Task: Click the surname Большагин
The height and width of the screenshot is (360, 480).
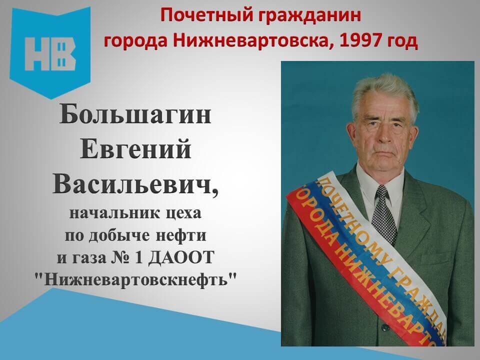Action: (x=135, y=114)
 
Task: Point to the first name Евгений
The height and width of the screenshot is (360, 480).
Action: (x=135, y=149)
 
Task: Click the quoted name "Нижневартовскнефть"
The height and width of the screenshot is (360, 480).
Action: (x=136, y=279)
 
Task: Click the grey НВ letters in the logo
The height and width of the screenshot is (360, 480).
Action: (x=50, y=54)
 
